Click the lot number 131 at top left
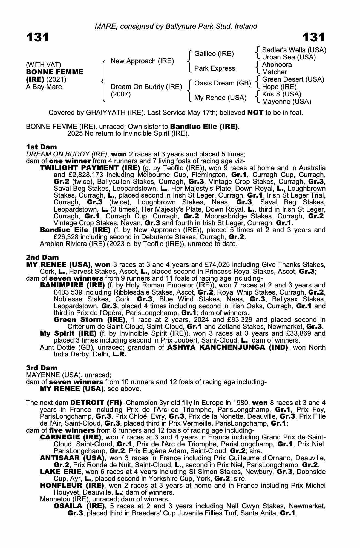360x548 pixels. [x=38, y=37]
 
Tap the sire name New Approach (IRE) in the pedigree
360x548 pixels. [x=142, y=61]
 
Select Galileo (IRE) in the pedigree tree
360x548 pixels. [x=214, y=54]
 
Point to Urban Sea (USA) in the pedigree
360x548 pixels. [x=289, y=57]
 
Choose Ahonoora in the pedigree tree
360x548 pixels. [x=277, y=65]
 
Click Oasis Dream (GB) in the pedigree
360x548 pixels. [x=222, y=83]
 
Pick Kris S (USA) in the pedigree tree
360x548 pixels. [x=281, y=94]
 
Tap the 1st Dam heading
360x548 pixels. [x=41, y=147]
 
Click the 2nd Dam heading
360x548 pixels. [x=42, y=257]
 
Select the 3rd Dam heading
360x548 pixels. [x=42, y=368]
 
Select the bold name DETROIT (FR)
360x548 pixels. [x=96, y=403]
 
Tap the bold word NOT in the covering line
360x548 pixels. [x=255, y=113]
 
